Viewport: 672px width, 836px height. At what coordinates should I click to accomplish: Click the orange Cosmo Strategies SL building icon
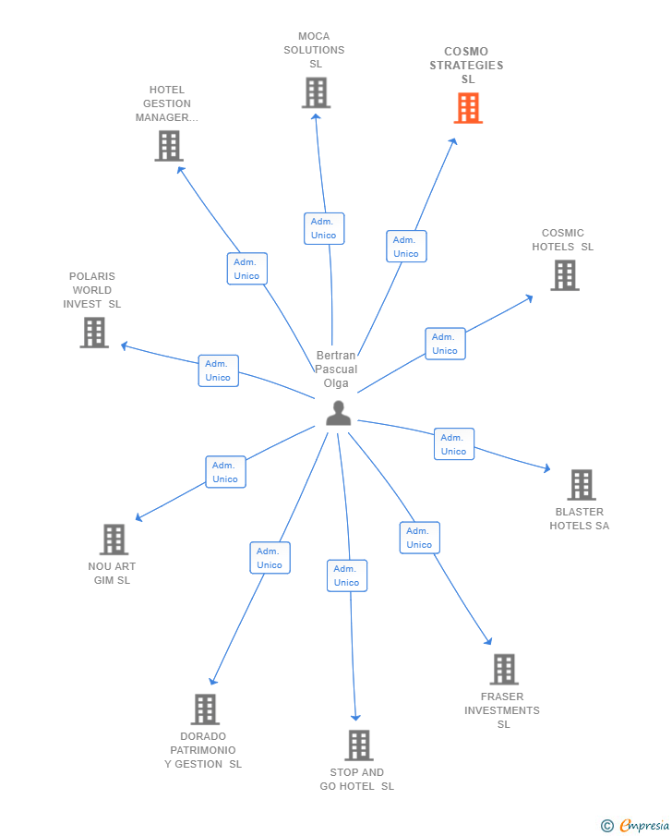pyautogui.click(x=468, y=108)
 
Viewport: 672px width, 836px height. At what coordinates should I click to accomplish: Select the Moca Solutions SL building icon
pyautogui.click(x=316, y=92)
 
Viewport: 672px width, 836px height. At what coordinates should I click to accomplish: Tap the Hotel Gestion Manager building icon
pyautogui.click(x=169, y=146)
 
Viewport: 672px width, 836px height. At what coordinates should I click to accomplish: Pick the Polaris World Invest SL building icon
pyautogui.click(x=94, y=333)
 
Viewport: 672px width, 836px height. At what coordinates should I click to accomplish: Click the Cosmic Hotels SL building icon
pyautogui.click(x=565, y=275)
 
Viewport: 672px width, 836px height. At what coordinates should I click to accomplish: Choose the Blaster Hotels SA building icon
pyautogui.click(x=581, y=484)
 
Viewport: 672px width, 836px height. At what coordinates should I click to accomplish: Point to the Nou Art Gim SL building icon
pyautogui.click(x=114, y=539)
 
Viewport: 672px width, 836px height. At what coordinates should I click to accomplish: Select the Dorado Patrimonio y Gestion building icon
pyautogui.click(x=205, y=709)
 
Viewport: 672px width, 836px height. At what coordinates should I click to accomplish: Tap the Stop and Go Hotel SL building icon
pyautogui.click(x=359, y=745)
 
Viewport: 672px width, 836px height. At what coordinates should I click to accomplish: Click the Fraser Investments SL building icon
pyautogui.click(x=504, y=669)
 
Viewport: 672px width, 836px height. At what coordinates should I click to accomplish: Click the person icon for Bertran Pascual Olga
pyautogui.click(x=339, y=413)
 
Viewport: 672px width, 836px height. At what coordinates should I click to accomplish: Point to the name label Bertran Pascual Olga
pyautogui.click(x=336, y=370)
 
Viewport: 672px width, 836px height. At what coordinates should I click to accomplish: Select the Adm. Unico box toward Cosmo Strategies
pyautogui.click(x=406, y=247)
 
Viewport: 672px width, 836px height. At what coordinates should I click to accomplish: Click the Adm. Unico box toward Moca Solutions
pyautogui.click(x=324, y=228)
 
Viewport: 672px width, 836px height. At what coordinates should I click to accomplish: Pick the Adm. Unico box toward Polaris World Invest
pyautogui.click(x=219, y=370)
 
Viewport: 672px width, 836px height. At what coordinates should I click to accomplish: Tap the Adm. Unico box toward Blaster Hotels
pyautogui.click(x=454, y=444)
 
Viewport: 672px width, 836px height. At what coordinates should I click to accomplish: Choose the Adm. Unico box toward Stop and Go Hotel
pyautogui.click(x=347, y=576)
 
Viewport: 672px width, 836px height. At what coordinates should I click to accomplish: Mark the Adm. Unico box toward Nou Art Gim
pyautogui.click(x=225, y=472)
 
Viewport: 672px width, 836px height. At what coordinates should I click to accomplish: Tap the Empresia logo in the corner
pyautogui.click(x=636, y=825)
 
